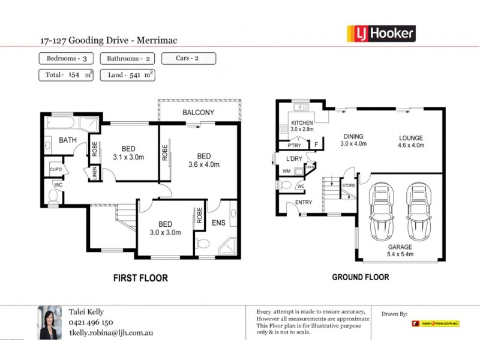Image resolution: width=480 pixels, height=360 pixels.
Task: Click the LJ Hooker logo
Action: coord(381,34)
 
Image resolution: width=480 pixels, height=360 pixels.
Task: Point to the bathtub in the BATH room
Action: coord(61,124)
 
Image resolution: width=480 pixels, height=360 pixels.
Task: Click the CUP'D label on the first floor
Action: coord(55,169)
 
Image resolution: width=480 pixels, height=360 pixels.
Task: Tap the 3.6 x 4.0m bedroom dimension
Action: coord(204,164)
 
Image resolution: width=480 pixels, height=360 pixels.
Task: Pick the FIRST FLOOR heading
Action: coord(140,278)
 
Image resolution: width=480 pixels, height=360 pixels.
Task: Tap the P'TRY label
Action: coord(293,145)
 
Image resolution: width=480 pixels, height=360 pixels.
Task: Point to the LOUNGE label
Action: coord(412,138)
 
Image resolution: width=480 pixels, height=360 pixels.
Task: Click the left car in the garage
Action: coord(382,209)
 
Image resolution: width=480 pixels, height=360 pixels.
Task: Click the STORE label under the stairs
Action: coord(349,185)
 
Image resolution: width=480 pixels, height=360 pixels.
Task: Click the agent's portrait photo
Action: coord(50,322)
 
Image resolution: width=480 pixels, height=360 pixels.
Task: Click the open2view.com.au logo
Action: coord(436,323)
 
